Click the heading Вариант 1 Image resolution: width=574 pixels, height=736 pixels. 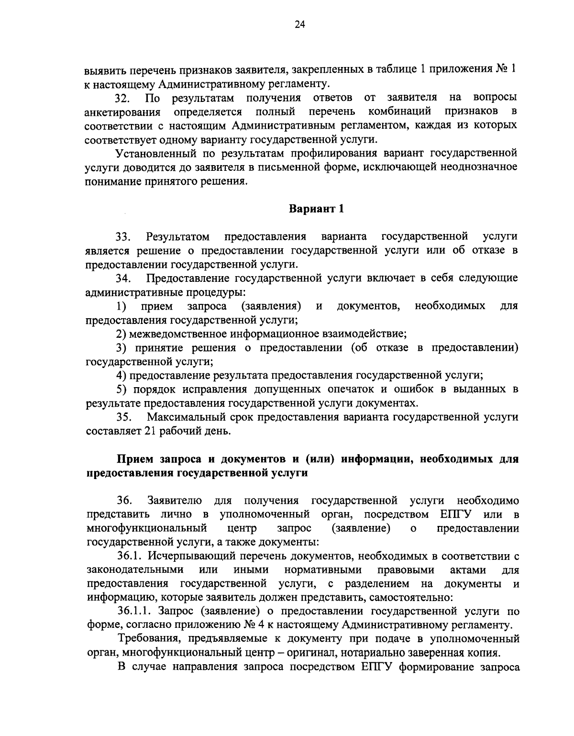point(316,209)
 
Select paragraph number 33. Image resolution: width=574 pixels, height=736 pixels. point(123,237)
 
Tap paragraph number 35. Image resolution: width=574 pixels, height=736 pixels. point(123,417)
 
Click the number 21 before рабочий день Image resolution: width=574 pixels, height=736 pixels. point(149,431)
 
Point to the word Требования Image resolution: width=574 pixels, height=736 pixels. point(150,639)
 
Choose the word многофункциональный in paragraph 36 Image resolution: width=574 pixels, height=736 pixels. point(147,529)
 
